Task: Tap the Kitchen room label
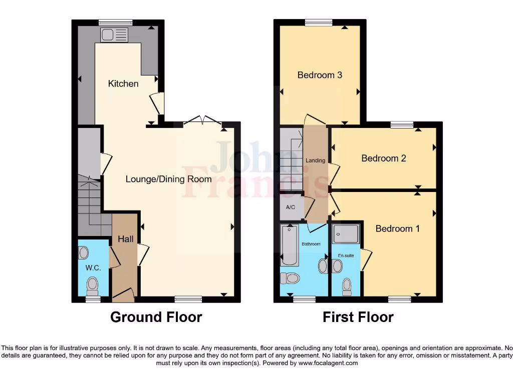pyautogui.click(x=123, y=83)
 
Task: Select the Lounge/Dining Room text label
pyautogui.click(x=168, y=179)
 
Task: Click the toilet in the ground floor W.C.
pyautogui.click(x=92, y=285)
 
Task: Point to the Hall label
pyautogui.click(x=125, y=239)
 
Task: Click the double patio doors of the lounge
pyautogui.click(x=202, y=120)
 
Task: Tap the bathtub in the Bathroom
pyautogui.click(x=290, y=245)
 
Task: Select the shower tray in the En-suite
pyautogui.click(x=346, y=233)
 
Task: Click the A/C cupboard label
pyautogui.click(x=290, y=207)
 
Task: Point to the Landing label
pyautogui.click(x=316, y=160)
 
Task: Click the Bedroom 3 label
pyautogui.click(x=320, y=75)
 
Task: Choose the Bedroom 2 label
pyautogui.click(x=384, y=158)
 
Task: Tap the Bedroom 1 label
pyautogui.click(x=398, y=228)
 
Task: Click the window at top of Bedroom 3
pyautogui.click(x=319, y=22)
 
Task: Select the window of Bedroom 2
pyautogui.click(x=402, y=124)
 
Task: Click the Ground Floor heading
pyautogui.click(x=156, y=317)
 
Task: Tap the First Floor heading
pyautogui.click(x=358, y=317)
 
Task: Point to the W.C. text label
pyautogui.click(x=93, y=268)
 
